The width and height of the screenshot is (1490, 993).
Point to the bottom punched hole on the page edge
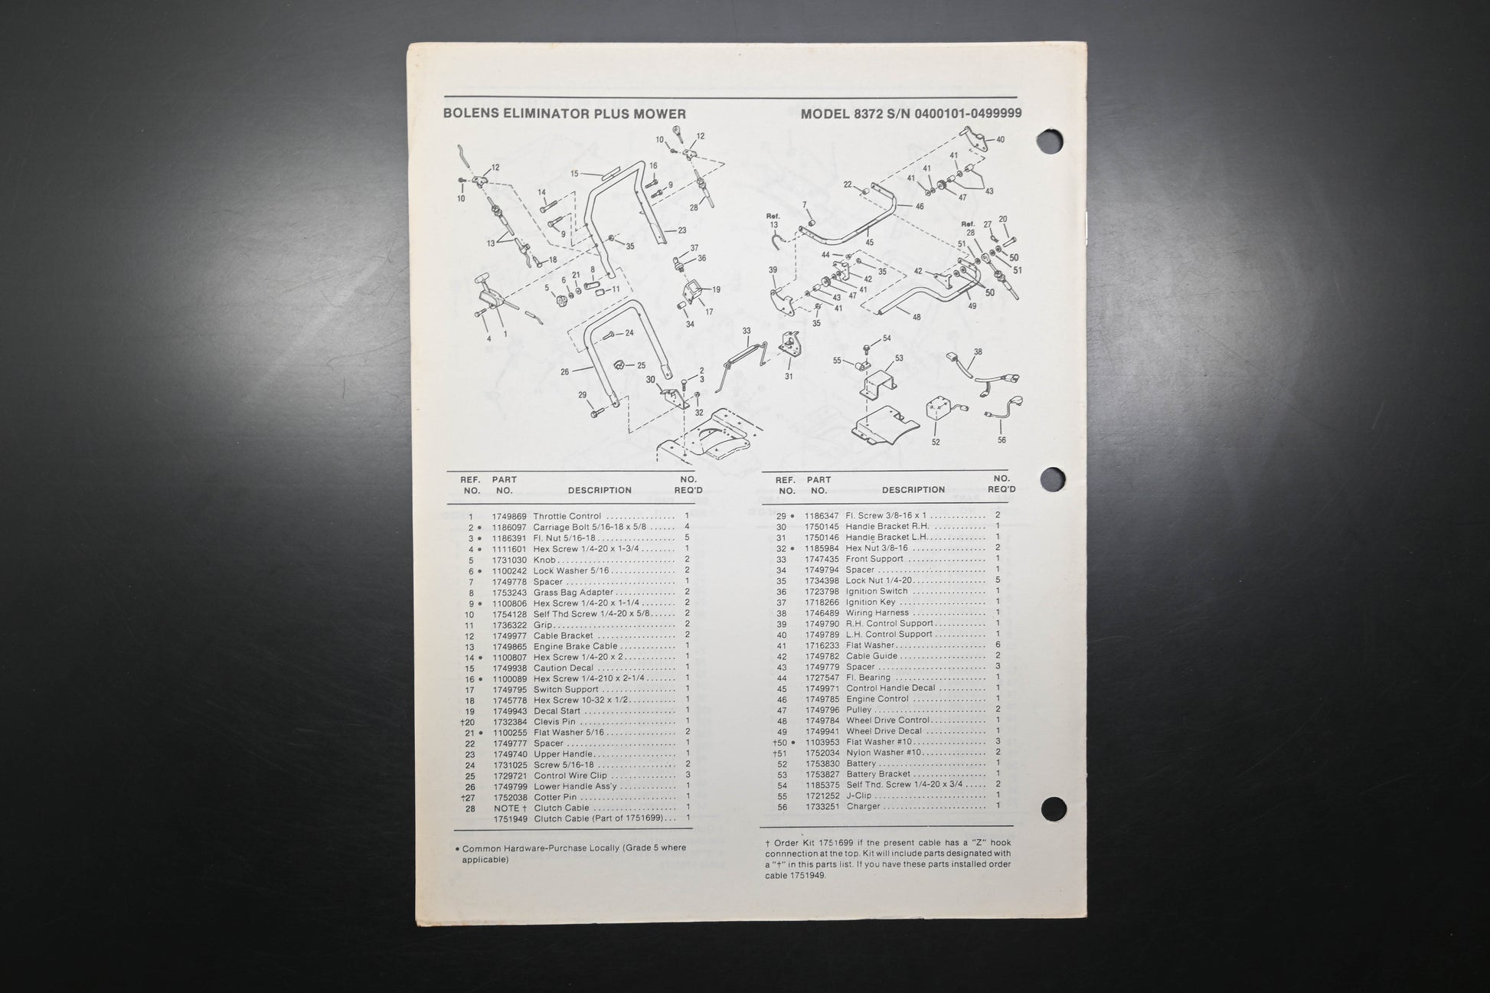click(x=1054, y=808)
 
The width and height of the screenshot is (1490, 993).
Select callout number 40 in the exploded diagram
click(x=1000, y=140)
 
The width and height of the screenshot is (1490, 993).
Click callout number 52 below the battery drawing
click(x=936, y=442)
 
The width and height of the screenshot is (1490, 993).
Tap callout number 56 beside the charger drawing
click(x=1002, y=440)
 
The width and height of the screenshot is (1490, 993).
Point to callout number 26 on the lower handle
click(x=565, y=372)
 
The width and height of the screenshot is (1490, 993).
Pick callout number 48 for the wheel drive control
click(x=917, y=317)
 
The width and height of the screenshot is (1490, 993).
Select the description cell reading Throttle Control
click(x=567, y=517)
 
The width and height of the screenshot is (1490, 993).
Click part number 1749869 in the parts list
click(x=509, y=517)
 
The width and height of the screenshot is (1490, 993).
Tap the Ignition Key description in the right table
click(x=871, y=602)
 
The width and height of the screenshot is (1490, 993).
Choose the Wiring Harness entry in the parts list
click(x=877, y=612)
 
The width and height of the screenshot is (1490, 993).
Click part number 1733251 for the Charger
click(x=822, y=806)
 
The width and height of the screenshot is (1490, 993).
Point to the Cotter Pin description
click(x=555, y=797)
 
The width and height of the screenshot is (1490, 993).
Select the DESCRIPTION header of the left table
click(x=600, y=491)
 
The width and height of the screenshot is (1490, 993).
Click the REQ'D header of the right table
click(x=1002, y=489)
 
